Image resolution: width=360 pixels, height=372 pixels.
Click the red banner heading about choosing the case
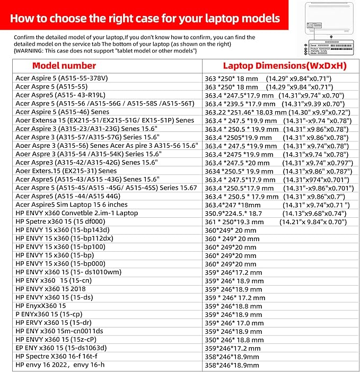[145, 19]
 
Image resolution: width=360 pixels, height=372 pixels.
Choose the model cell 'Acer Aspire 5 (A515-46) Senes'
[62, 112]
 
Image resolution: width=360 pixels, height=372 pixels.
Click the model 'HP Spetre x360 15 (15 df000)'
[61, 222]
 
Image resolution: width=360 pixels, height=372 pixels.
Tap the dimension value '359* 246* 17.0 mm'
[234, 322]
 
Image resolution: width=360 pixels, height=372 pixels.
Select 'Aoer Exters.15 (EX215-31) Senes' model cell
[66, 171]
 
